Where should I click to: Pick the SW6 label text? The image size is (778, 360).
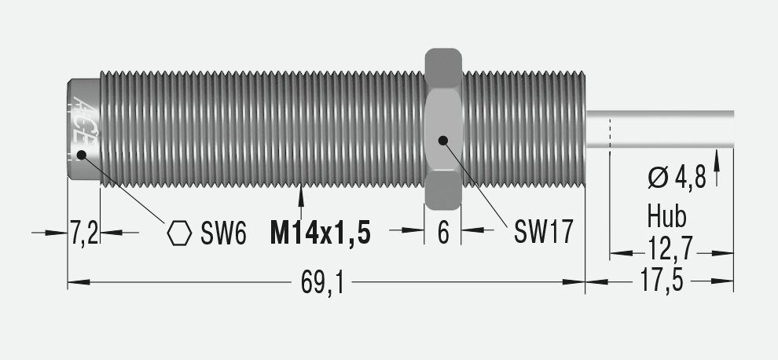click(x=224, y=233)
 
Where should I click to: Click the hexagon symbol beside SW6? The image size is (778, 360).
click(x=180, y=233)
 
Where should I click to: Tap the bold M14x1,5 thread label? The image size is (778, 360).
click(x=319, y=233)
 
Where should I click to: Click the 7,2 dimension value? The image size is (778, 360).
click(x=84, y=233)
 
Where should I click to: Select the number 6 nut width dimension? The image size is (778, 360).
click(x=443, y=233)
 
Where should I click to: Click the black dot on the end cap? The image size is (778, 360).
click(x=82, y=155)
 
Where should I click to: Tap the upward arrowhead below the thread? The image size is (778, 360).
click(x=302, y=193)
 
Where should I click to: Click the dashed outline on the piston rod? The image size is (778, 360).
click(x=610, y=130)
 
